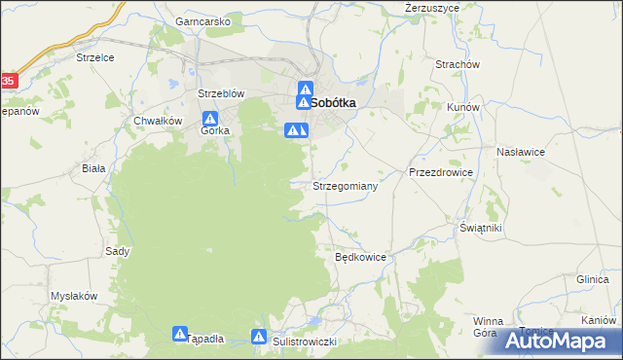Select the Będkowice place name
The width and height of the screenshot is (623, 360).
click(x=361, y=258)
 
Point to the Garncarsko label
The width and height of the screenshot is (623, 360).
click(x=202, y=20)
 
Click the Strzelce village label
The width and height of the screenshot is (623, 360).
click(x=95, y=58)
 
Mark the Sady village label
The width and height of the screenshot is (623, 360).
click(x=117, y=251)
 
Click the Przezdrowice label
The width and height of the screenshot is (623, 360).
click(x=441, y=172)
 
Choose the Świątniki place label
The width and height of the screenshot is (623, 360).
click(x=481, y=228)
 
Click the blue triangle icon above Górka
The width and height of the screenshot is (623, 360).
click(x=209, y=118)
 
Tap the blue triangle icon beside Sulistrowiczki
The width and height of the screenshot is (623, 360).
click(x=259, y=337)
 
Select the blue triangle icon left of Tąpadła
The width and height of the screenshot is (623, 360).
click(x=180, y=334)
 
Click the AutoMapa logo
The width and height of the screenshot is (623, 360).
click(x=560, y=341)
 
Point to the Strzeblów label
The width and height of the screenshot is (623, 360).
click(x=221, y=93)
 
